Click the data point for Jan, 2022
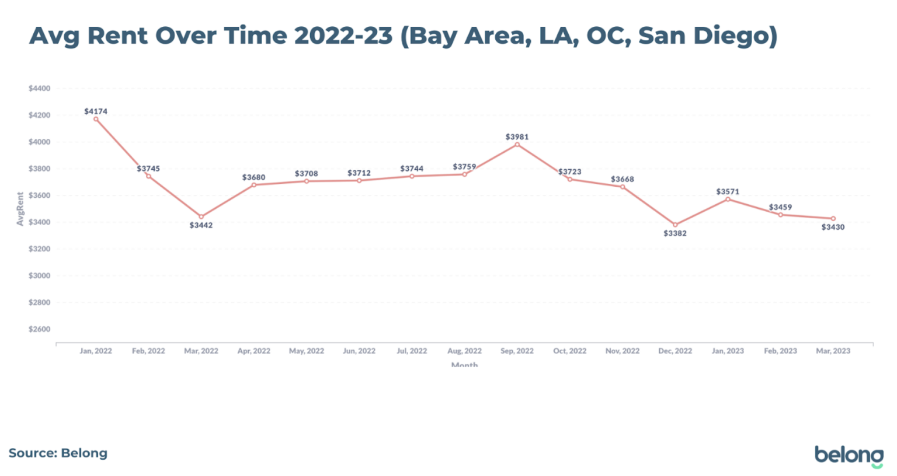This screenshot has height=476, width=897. tap(96, 119)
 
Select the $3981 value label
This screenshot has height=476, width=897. tap(517, 137)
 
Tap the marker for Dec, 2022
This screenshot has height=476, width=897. tap(675, 225)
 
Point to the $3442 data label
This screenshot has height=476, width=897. tap(201, 225)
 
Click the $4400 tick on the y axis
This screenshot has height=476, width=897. tap(40, 89)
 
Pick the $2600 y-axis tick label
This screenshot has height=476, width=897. tap(40, 329)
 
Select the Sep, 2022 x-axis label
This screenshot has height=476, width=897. tap(517, 351)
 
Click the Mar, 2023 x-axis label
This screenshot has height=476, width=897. tap(833, 351)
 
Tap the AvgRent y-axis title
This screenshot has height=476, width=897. tap(20, 209)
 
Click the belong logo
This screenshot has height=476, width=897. tap(849, 455)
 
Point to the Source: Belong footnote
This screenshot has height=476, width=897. tap(58, 453)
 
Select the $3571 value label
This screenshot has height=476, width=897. tap(728, 191)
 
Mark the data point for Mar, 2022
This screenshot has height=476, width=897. tap(201, 216)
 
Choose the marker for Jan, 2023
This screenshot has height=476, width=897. tap(728, 199)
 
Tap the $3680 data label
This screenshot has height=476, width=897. tap(253, 177)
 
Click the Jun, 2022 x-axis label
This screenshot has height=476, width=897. tap(359, 351)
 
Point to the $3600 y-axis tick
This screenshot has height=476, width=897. tap(40, 195)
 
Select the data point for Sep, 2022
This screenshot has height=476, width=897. tap(517, 145)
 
